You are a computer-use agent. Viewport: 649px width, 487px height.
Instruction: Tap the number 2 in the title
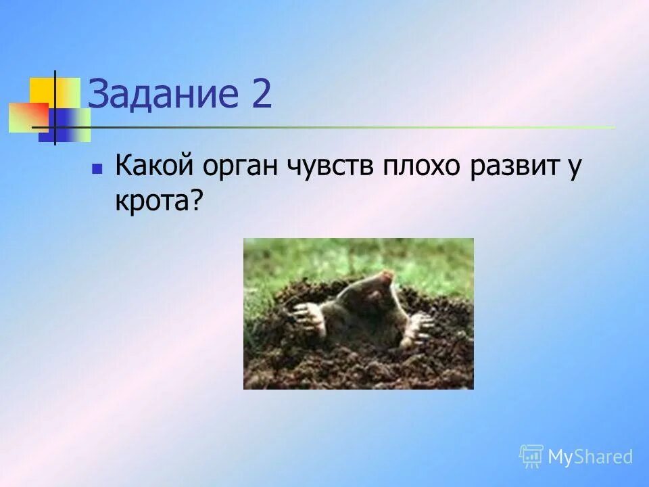coord(260,95)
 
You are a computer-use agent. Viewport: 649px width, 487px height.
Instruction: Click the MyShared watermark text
coord(590,457)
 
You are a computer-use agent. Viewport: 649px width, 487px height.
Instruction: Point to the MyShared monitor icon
coord(531,457)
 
